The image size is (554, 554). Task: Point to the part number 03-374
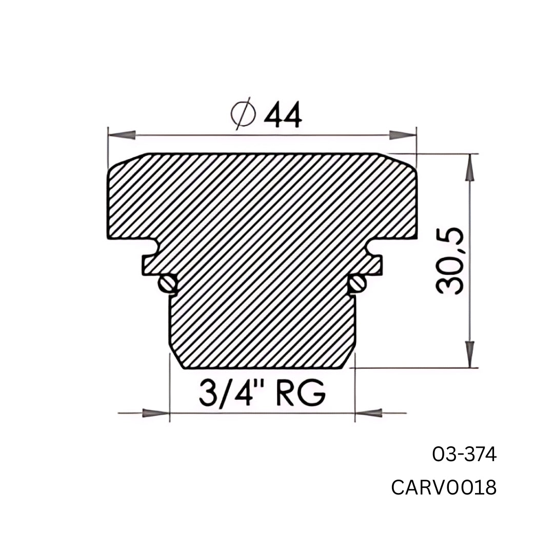pos(464,454)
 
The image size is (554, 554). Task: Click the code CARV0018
pos(444,487)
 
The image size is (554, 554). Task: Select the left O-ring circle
pos(167,283)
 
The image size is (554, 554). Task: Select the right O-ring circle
pos(358,282)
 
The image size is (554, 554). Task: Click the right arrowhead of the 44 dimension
pos(402,135)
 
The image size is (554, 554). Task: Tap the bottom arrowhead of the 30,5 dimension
pos(469,354)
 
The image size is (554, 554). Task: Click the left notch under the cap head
pos(150,247)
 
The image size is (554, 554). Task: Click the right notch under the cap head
pos(374,247)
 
